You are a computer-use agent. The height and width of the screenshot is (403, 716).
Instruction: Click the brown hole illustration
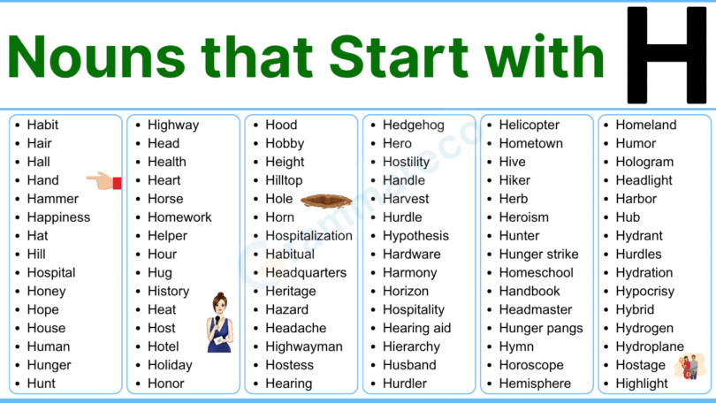tap(326, 201)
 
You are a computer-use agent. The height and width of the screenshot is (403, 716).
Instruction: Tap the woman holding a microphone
tap(219, 323)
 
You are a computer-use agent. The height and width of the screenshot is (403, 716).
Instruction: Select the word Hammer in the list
tap(52, 199)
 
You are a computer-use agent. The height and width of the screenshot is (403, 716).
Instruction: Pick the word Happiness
tap(58, 217)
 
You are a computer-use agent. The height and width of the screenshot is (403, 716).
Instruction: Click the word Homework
tap(179, 217)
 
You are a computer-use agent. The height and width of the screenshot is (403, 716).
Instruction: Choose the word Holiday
tap(170, 365)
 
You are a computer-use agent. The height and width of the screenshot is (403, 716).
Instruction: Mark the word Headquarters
tap(306, 273)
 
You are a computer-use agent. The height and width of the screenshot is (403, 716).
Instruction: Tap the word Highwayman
tap(303, 346)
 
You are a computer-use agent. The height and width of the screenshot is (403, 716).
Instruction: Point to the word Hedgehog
tap(413, 125)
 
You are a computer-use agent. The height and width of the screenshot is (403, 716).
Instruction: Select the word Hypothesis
tap(415, 236)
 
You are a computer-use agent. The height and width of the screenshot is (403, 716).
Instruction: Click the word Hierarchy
tap(411, 346)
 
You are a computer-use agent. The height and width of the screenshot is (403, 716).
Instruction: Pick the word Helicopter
tap(529, 125)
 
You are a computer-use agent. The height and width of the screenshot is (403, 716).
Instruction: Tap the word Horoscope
tap(530, 365)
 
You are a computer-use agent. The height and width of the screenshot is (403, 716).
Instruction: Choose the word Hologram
tap(644, 163)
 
